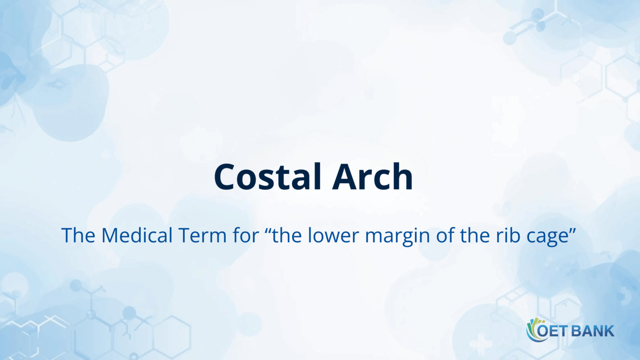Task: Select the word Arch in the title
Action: click(372, 176)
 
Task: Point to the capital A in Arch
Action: click(344, 177)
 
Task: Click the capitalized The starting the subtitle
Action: click(79, 235)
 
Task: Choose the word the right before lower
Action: click(287, 235)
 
